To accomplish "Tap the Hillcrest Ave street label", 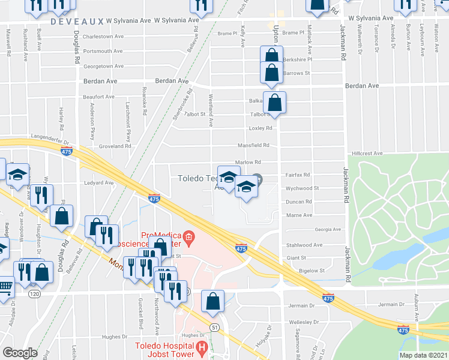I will [x=368, y=154].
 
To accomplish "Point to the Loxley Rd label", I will [x=261, y=128].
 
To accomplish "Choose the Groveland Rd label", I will [x=115, y=146].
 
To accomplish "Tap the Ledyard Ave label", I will [x=99, y=183].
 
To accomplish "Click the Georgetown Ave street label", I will [x=103, y=66].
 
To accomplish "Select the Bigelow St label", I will [x=312, y=271].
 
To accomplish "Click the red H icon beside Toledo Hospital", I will [x=202, y=347].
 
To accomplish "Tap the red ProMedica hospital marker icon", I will [x=189, y=238].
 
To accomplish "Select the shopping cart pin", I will [x=5, y=286].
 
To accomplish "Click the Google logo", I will [x=20, y=353].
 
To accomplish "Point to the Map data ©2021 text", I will [x=424, y=355].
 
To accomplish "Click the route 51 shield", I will [x=214, y=326].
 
